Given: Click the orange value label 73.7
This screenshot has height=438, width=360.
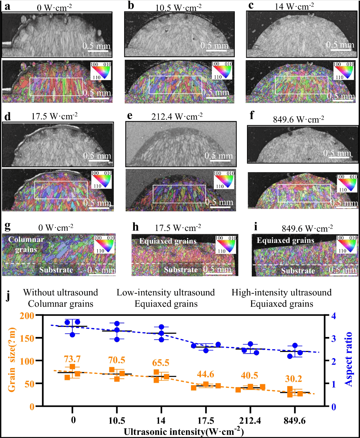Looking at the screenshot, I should click(72, 359).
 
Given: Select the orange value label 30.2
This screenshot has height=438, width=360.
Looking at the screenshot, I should click(294, 379).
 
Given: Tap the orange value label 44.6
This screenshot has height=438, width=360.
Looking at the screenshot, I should click(205, 375).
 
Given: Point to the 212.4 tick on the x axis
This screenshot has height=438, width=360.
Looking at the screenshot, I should click(250, 421).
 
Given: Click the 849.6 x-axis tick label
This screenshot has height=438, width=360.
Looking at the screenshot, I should click(295, 421).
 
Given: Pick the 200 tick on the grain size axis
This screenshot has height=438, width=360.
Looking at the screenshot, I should click(27, 316).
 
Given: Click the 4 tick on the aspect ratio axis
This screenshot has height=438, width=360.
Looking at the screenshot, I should click(333, 316).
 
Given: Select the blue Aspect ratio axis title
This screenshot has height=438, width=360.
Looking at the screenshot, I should click(348, 359).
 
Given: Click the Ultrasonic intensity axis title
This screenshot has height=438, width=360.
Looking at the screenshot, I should click(184, 431).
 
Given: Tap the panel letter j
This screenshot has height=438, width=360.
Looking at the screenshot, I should click(8, 295).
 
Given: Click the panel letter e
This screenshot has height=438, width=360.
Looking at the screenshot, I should click(130, 115).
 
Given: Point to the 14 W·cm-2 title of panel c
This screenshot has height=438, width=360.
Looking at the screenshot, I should click(294, 6).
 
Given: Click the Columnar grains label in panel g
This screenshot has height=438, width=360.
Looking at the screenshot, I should click(26, 244).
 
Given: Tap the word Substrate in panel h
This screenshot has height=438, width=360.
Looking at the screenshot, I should click(181, 270).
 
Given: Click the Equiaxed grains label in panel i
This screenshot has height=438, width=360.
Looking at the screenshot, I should click(285, 241).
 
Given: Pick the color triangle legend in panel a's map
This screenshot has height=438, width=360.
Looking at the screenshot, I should click(101, 71).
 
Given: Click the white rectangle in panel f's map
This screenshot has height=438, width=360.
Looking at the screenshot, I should click(304, 193).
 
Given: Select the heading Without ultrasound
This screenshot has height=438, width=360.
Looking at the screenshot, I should click(60, 292).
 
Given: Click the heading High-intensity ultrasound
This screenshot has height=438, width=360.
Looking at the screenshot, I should click(281, 292).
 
